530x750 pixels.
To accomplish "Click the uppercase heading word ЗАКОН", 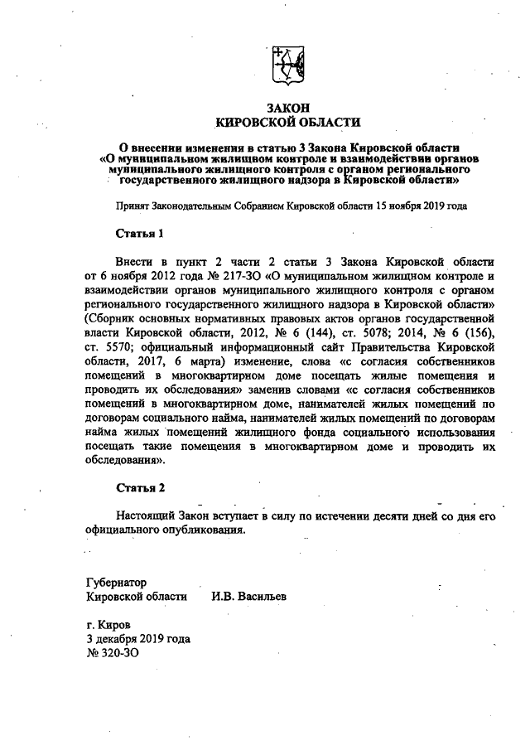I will tap(287, 108).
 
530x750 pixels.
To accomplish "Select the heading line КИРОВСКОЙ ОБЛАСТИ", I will tap(287, 123).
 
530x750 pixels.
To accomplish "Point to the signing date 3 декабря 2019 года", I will tap(138, 639).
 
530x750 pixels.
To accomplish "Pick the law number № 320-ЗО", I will tap(112, 654).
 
